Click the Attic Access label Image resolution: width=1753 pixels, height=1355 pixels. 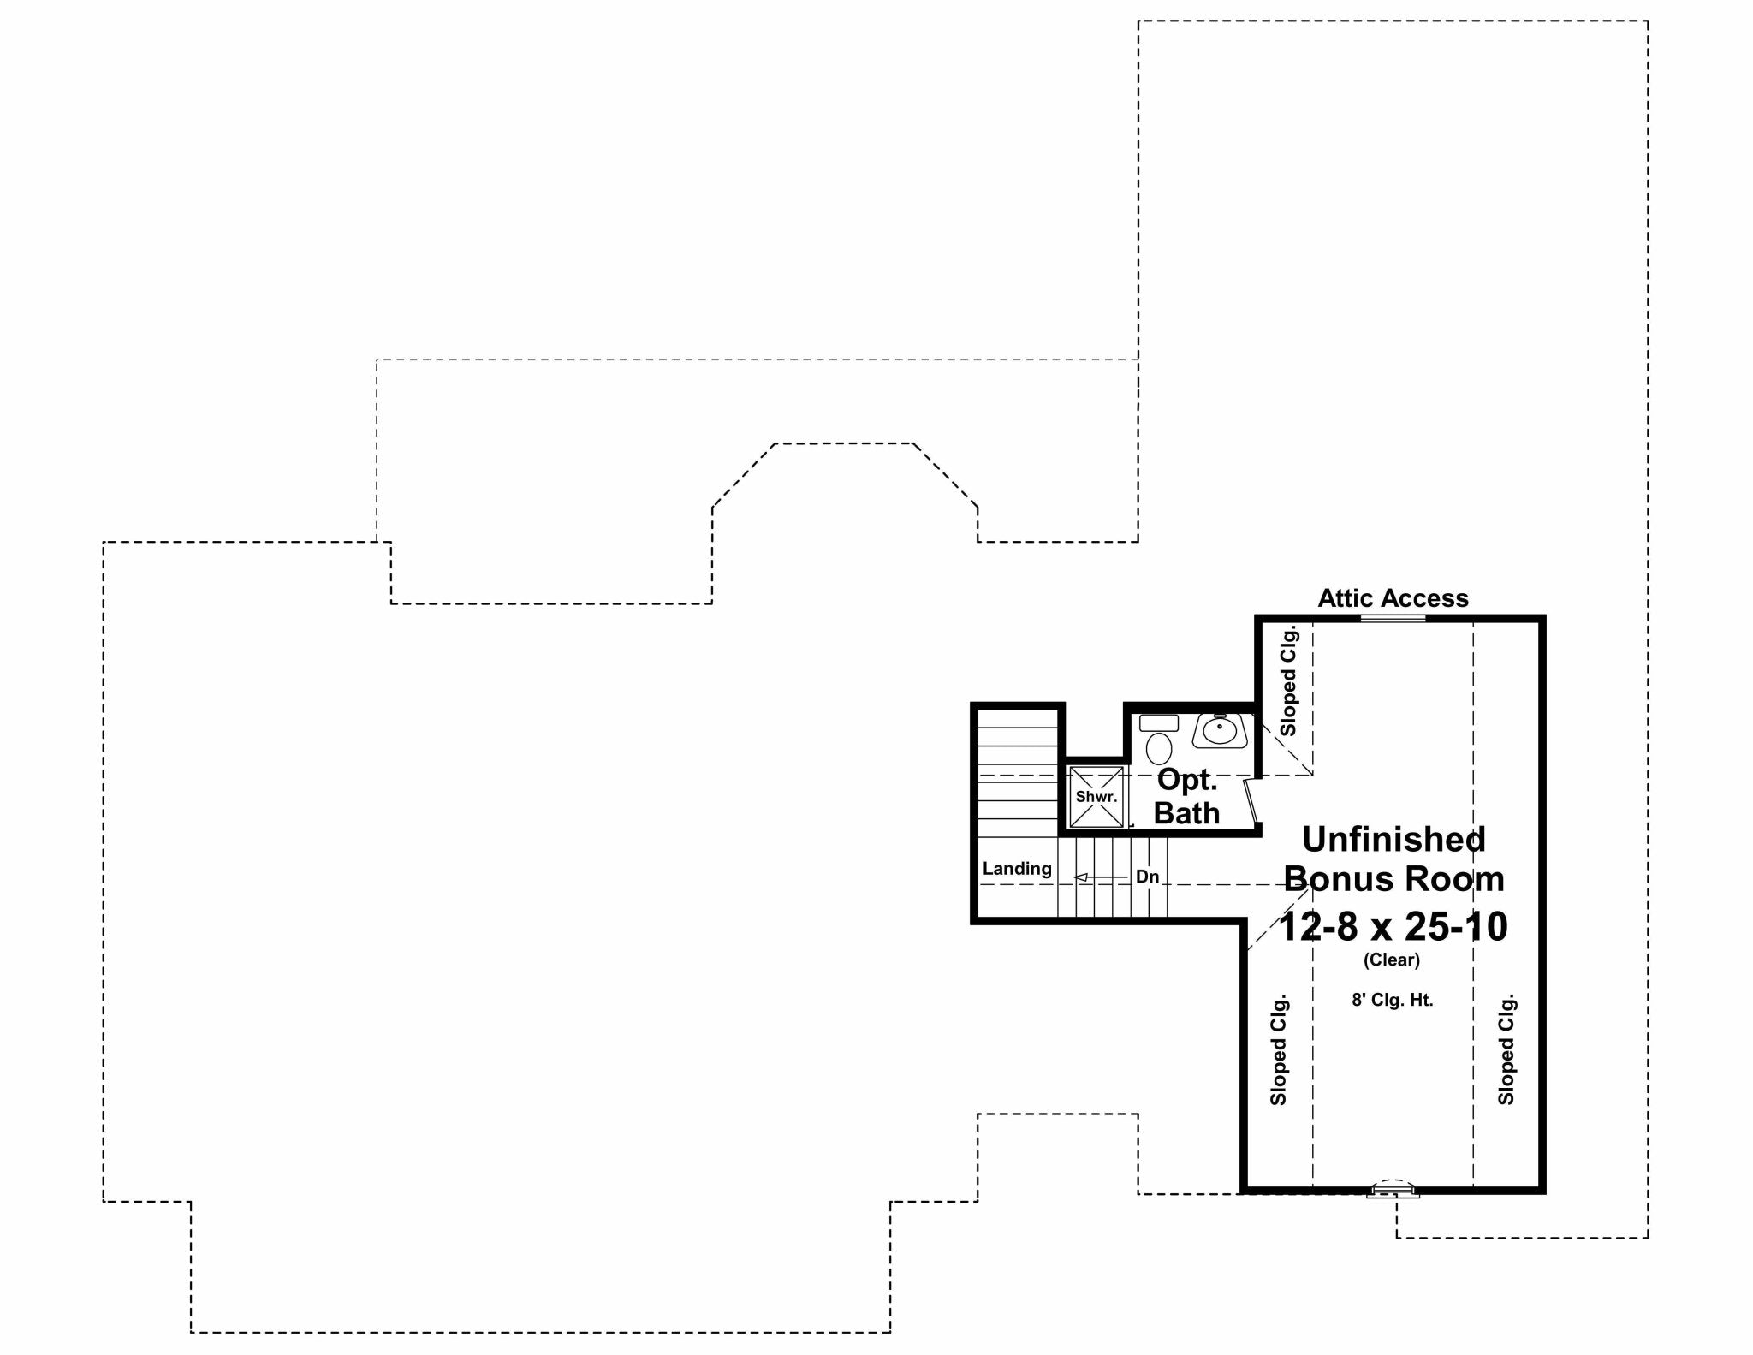pos(1393,598)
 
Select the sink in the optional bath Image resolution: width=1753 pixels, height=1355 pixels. pos(1219,730)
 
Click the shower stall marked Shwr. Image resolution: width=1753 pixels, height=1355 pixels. pos(1096,797)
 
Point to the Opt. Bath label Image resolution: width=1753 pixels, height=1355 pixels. pos(1186,796)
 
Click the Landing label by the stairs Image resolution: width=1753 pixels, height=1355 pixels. pos(1017,868)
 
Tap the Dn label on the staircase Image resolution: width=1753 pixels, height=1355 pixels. pos(1147,877)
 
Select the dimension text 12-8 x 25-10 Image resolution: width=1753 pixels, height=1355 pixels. pos(1393,926)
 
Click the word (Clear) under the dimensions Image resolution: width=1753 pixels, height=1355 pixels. pos(1392,960)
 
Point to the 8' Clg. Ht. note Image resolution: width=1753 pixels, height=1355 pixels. pos(1393,999)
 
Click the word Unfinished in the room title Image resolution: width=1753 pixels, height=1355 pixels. pos(1393,839)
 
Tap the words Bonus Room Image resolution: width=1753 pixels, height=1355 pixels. pos(1393,879)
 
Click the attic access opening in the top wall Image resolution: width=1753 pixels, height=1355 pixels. pos(1393,618)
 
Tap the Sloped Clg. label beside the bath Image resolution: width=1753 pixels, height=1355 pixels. pos(1288,681)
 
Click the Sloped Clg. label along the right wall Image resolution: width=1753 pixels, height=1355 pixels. pos(1506,1049)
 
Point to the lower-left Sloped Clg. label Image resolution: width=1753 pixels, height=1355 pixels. pos(1279,1049)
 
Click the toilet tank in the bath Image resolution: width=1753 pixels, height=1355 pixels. pos(1159,722)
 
